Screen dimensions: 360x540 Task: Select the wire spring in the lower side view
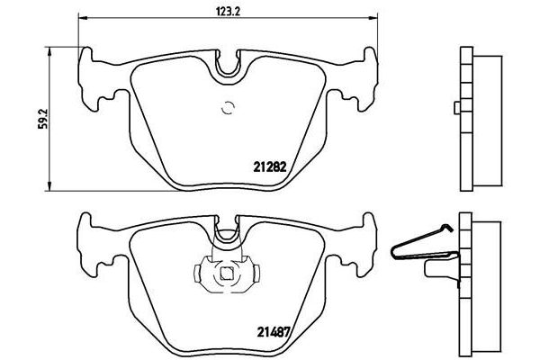coord(423,247)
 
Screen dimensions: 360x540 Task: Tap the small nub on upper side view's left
coord(456,110)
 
